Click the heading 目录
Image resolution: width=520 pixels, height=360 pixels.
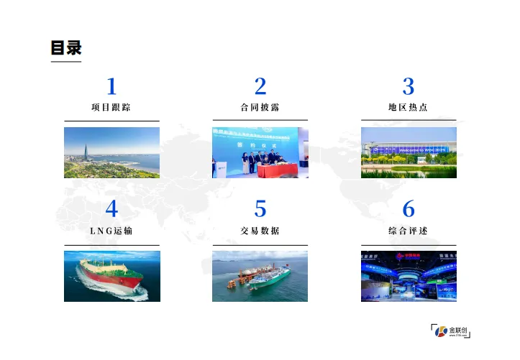(66, 48)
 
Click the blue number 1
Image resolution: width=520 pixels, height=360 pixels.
(111, 87)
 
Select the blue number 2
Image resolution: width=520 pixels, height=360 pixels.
(260, 87)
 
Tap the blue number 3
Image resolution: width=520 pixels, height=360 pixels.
(409, 87)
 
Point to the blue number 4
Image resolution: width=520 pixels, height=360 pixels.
(111, 209)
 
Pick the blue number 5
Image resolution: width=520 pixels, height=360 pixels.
(260, 209)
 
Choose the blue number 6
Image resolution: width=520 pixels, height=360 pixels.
(409, 209)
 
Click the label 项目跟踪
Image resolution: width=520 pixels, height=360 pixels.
(111, 108)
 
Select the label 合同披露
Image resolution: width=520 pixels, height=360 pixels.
(260, 108)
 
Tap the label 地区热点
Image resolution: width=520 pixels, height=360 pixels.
(409, 108)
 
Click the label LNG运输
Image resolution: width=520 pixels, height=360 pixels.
(111, 231)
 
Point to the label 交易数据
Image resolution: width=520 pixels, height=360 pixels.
(260, 231)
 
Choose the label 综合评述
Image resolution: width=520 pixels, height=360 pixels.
(409, 231)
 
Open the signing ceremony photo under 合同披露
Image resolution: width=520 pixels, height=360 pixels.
(260, 153)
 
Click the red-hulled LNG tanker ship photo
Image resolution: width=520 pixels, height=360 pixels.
(111, 276)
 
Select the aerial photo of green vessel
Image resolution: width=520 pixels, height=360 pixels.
(260, 276)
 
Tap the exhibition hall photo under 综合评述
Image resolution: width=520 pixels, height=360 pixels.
(409, 276)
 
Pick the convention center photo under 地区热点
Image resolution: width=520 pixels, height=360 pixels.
(409, 153)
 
